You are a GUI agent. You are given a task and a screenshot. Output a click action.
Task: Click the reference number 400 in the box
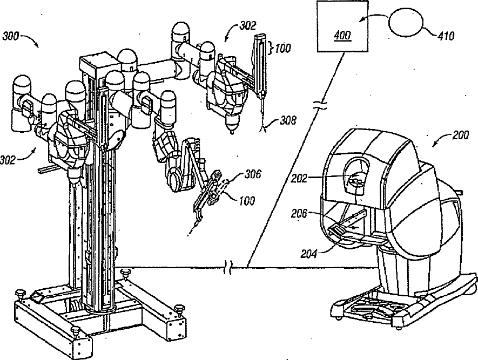(x=342, y=36)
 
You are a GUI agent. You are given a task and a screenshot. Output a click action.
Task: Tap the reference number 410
(x=446, y=37)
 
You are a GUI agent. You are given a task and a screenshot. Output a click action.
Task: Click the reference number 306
(x=253, y=174)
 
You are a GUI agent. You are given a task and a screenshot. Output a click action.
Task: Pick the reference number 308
(x=288, y=121)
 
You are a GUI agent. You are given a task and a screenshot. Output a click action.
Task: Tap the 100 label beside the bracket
(x=283, y=48)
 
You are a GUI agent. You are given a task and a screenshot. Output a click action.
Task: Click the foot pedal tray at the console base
(x=373, y=310)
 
